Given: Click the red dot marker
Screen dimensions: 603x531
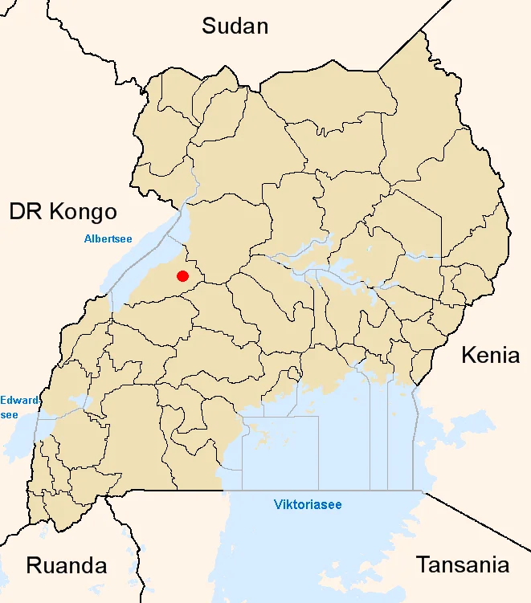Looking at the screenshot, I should (182, 276).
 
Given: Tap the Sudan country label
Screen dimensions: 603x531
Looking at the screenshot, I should (235, 26).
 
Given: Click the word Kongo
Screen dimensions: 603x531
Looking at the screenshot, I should (84, 211).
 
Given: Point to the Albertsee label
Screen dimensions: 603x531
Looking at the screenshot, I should (108, 238).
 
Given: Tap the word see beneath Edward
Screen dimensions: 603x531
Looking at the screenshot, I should (9, 414).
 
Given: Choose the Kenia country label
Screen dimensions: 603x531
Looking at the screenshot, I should (490, 355).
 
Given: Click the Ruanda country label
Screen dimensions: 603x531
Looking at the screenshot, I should (67, 564).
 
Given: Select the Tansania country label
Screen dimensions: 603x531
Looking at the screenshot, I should (462, 564).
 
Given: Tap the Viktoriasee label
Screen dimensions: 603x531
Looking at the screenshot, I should (307, 505).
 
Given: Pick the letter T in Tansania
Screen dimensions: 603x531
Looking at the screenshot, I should (422, 564).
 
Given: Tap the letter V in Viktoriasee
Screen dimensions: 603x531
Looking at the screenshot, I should (277, 505).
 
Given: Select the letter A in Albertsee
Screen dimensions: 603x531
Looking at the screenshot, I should (88, 238).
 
